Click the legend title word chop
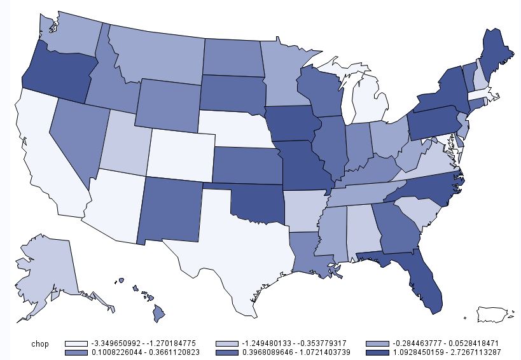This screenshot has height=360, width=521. pos(40,343)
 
